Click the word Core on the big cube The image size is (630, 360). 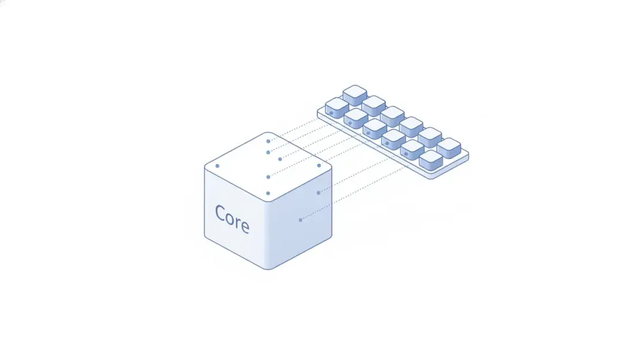click(232, 219)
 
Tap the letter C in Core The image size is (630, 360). click(220, 213)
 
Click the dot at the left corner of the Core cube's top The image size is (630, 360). click(217, 166)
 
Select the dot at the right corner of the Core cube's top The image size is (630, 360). click(319, 165)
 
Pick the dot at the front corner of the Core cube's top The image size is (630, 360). click(268, 193)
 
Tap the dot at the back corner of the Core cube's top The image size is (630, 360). click(268, 142)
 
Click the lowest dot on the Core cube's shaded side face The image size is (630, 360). click(301, 220)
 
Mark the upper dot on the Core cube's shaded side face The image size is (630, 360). click(318, 193)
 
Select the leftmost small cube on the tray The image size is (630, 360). click(337, 108)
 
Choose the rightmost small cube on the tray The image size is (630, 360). click(449, 149)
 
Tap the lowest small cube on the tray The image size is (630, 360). click(431, 160)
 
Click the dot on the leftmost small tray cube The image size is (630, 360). click(332, 113)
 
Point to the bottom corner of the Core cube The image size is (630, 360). click(268, 269)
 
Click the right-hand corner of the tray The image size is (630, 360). click(468, 155)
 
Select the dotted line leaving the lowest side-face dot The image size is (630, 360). click(354, 193)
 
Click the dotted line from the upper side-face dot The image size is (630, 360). click(354, 175)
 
